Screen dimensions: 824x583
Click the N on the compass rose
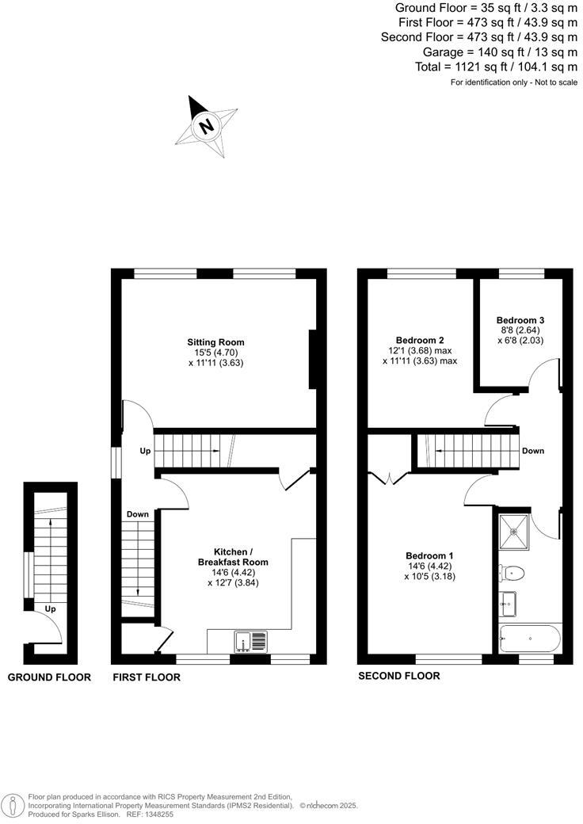point(207,126)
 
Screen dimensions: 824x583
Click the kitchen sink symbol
point(250,640)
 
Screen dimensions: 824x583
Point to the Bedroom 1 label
point(429,555)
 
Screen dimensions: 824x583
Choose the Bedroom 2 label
point(420,340)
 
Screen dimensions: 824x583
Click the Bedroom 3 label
point(520,320)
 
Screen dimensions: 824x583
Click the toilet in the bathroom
point(513,571)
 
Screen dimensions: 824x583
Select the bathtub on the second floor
point(530,637)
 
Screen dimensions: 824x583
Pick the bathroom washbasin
point(509,603)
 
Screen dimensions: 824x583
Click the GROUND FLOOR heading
point(49,677)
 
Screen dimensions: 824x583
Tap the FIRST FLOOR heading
point(147,677)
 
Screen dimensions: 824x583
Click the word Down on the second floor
point(532,451)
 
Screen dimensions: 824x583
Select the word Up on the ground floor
point(50,609)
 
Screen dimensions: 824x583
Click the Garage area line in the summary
point(497,52)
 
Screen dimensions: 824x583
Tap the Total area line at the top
point(496,67)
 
